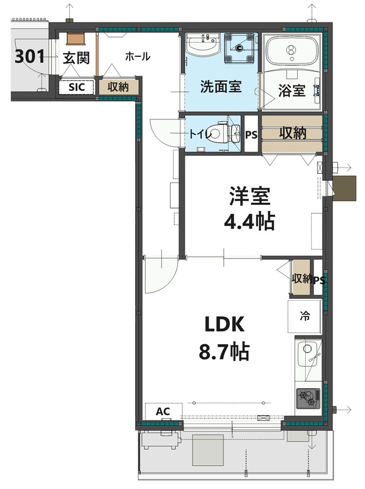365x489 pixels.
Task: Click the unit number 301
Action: [29, 57]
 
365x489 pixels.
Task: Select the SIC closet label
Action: [76, 87]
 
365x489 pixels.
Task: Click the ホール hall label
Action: [138, 57]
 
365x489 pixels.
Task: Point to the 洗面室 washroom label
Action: [221, 87]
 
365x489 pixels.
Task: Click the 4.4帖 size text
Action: [249, 220]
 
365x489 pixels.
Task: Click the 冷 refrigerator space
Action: [304, 317]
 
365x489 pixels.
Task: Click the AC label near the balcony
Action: [162, 411]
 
